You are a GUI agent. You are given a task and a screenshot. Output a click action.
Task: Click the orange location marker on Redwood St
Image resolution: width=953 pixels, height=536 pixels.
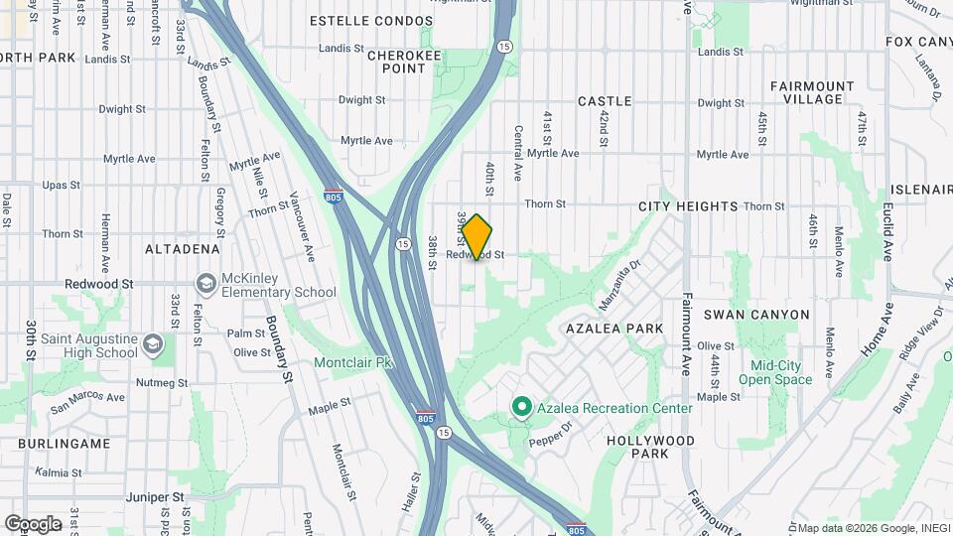(477, 236)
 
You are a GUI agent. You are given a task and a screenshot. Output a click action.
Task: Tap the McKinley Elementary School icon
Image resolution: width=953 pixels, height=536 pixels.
(206, 284)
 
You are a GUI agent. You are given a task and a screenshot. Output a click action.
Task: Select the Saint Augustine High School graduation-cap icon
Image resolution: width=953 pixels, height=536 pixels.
(153, 344)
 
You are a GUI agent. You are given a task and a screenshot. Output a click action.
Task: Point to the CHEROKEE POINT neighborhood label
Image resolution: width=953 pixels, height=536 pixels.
(404, 62)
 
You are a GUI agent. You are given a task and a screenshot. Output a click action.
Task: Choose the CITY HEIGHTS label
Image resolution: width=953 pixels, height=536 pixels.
(688, 206)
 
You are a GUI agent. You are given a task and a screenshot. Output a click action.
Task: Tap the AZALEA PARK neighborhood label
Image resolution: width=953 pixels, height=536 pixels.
(613, 328)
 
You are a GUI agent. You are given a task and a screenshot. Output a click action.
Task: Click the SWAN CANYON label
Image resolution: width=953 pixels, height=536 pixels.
(756, 315)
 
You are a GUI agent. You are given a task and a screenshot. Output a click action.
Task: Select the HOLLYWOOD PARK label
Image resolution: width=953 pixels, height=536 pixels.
(650, 446)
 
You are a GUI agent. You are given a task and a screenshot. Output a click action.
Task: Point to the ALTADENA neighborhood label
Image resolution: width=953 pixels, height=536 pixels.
(182, 248)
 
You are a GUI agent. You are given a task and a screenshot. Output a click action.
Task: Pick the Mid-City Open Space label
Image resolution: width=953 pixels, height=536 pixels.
(775, 372)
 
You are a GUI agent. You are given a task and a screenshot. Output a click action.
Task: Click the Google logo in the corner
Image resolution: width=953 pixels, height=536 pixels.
(33, 523)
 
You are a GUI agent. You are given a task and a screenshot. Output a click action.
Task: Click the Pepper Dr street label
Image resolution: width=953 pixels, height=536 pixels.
(551, 433)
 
